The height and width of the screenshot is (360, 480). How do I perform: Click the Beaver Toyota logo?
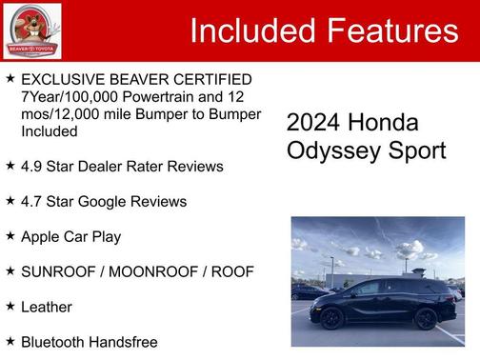coord(31,30)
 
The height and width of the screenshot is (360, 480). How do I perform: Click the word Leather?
coord(47,307)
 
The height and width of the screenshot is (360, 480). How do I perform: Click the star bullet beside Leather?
coord(10,306)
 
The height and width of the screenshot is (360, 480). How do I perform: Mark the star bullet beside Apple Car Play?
coord(10,235)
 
